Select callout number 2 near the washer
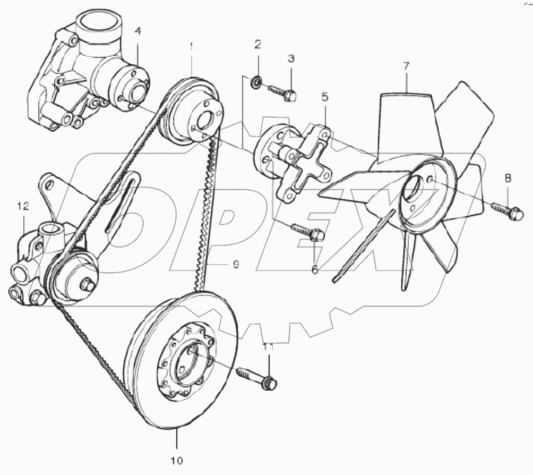point(257,45)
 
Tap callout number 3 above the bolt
point(291,58)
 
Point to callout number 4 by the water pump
point(137,31)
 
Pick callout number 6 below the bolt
point(315,270)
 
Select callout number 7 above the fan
point(406,66)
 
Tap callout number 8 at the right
point(508,179)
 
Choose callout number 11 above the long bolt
point(269,346)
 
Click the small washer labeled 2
point(255,81)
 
